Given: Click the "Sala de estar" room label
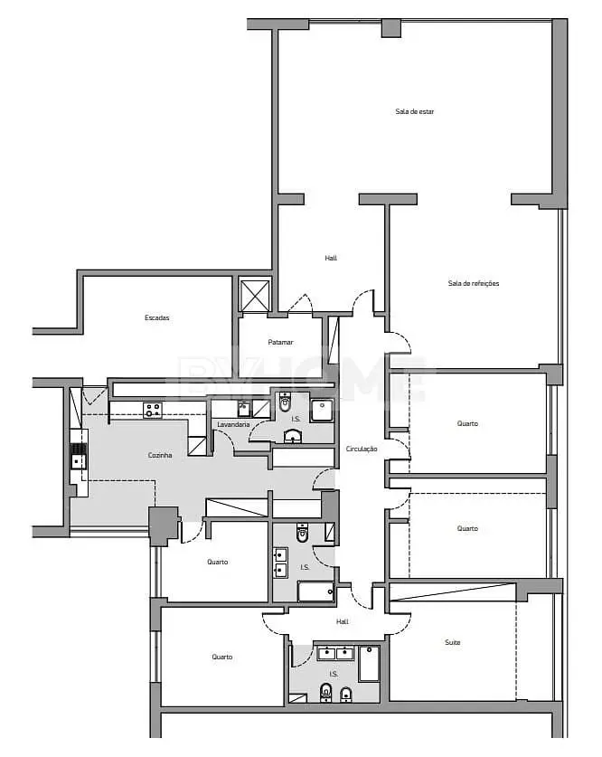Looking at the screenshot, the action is pyautogui.click(x=414, y=111).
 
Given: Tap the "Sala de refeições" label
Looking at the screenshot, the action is pyautogui.click(x=474, y=283).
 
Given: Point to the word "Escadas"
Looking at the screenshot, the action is pyautogui.click(x=156, y=317).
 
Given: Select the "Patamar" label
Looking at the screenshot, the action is pyautogui.click(x=280, y=342).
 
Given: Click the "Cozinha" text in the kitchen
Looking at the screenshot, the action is pyautogui.click(x=160, y=455).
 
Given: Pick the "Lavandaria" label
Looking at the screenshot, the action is pyautogui.click(x=233, y=425).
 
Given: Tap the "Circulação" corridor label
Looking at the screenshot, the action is pyautogui.click(x=362, y=449).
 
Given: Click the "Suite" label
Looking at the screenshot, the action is pyautogui.click(x=453, y=642).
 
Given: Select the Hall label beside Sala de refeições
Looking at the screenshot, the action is pyautogui.click(x=331, y=259).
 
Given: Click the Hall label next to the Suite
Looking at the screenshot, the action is pyautogui.click(x=342, y=622).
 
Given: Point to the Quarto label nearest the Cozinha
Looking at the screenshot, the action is pyautogui.click(x=218, y=562).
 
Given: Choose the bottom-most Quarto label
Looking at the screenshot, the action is pyautogui.click(x=221, y=658).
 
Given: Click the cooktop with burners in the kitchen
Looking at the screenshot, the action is pyautogui.click(x=153, y=411).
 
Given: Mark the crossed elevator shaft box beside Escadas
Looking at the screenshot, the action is pyautogui.click(x=255, y=295).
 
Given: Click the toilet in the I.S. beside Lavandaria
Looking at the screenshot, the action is pyautogui.click(x=285, y=402).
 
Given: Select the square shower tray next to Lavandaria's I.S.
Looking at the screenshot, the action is pyautogui.click(x=321, y=411).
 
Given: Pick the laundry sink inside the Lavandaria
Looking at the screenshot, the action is pyautogui.click(x=244, y=410).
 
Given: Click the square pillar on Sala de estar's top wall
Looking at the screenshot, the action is pyautogui.click(x=391, y=28).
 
